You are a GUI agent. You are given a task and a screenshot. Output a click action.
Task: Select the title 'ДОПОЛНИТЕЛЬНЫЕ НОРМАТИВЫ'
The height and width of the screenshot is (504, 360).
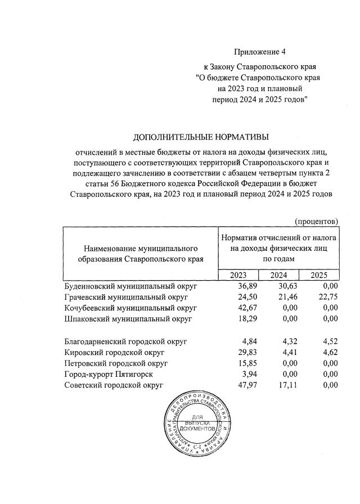(201, 137)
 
